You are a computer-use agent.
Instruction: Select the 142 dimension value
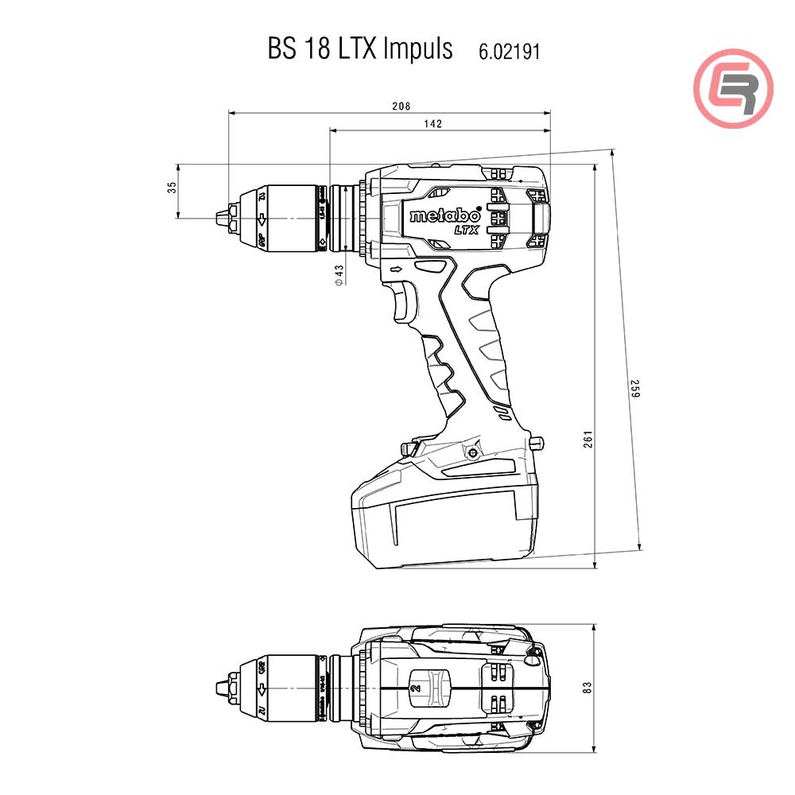(x=432, y=123)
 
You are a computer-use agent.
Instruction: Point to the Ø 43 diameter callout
(x=339, y=275)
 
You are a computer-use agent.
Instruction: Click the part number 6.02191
(x=509, y=52)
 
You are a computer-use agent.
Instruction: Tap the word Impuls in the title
(x=417, y=49)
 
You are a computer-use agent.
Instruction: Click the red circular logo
(x=733, y=87)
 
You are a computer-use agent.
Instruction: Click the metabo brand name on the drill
(x=444, y=215)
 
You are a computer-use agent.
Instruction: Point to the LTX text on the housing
(x=465, y=230)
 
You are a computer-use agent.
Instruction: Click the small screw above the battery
(x=473, y=452)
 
